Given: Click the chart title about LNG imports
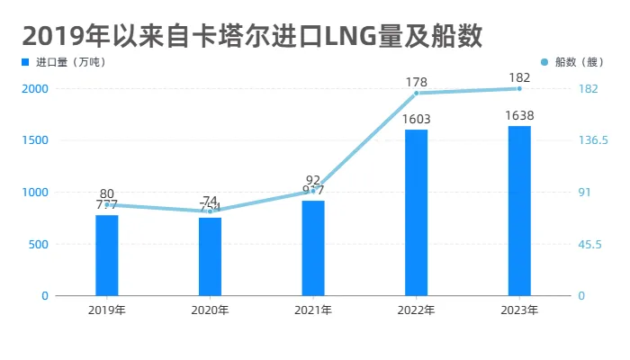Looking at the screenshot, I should [x=253, y=36].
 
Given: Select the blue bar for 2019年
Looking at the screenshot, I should [x=107, y=256].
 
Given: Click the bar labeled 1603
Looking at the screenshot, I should [x=416, y=212].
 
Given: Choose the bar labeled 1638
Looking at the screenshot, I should [x=519, y=211].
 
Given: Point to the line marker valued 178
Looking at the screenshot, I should [x=417, y=93].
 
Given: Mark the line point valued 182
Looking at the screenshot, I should [x=519, y=88].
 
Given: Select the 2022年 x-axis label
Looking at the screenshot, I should [x=416, y=310].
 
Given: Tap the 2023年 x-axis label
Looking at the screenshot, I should [x=519, y=310].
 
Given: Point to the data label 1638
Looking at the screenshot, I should [x=519, y=116].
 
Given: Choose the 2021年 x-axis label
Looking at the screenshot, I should [x=313, y=310].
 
